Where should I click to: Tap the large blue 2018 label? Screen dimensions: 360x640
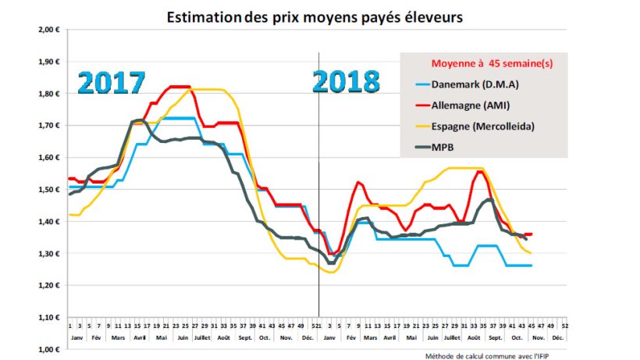click(x=347, y=81)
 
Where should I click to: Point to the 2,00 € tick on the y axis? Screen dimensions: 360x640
click(x=49, y=30)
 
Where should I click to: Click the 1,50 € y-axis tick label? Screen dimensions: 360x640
click(x=49, y=190)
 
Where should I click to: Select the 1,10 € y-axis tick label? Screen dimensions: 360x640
click(x=49, y=318)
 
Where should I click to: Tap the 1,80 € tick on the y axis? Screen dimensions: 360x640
click(x=49, y=94)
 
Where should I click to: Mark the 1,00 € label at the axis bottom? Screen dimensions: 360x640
click(x=49, y=350)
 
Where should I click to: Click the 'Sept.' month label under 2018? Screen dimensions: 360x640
click(x=496, y=338)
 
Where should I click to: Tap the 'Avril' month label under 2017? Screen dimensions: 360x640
click(x=139, y=338)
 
